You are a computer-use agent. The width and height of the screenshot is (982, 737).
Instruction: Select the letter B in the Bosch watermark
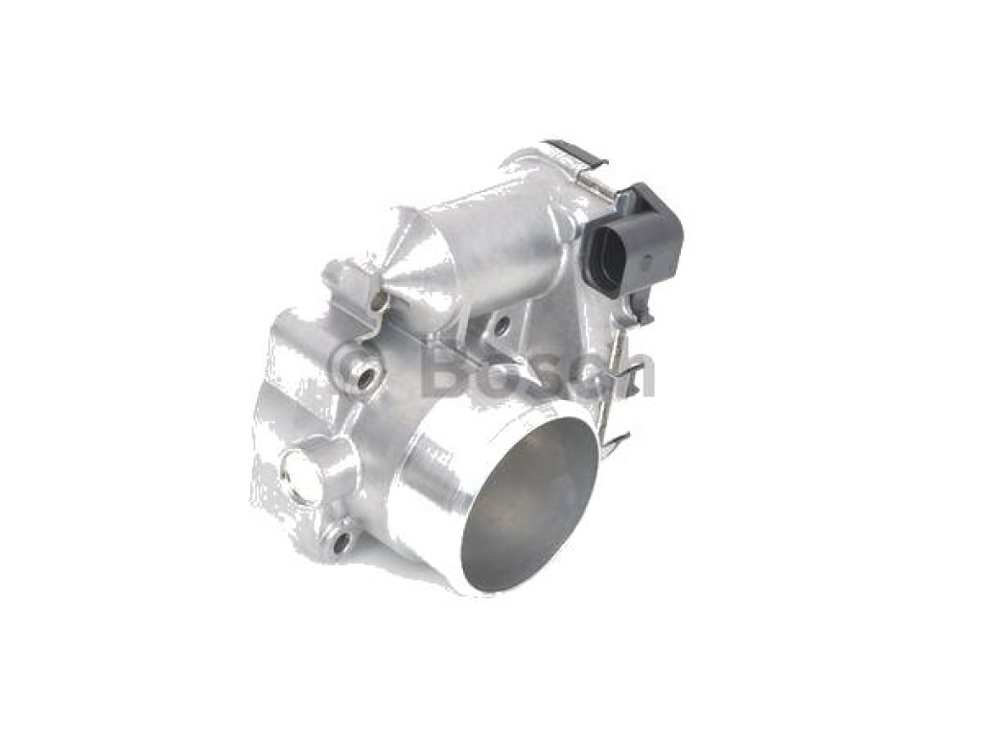point(445,375)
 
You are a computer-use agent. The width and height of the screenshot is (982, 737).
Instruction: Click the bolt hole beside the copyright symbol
point(367,375)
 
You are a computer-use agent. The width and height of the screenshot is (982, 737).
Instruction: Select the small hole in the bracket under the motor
point(500,326)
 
